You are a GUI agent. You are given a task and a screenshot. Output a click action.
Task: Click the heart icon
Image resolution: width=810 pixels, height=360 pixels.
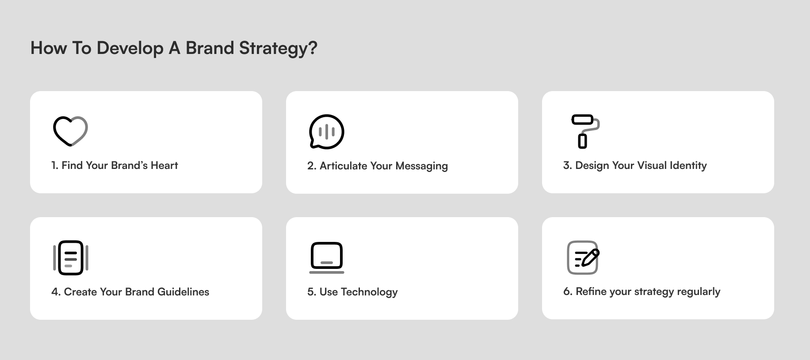[70, 131]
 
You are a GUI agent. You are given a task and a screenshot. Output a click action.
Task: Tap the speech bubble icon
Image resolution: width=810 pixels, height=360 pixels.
[326, 131]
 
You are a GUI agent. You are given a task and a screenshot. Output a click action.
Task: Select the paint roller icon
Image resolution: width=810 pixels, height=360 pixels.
[585, 131]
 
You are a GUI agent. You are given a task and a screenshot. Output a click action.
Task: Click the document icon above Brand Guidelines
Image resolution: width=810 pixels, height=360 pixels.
[71, 257]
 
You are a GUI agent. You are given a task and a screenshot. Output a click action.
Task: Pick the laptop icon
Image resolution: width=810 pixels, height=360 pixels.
[326, 257]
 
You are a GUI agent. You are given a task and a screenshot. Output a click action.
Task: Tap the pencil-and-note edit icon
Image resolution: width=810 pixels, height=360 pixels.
[583, 257]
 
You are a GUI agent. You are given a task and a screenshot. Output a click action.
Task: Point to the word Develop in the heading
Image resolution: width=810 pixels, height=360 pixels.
[130, 48]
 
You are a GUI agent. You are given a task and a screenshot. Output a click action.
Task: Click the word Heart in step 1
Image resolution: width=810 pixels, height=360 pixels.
[164, 165]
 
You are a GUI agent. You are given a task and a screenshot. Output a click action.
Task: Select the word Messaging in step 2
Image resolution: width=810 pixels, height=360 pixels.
[421, 166]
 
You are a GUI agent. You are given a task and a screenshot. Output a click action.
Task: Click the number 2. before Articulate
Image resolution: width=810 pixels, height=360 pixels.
[312, 166]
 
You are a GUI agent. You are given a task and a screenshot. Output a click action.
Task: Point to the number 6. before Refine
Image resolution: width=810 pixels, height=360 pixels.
[568, 292]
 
